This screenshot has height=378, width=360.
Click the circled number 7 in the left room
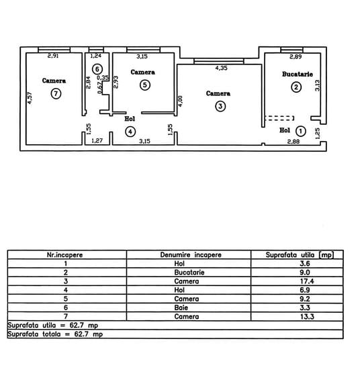pyautogui.click(x=56, y=93)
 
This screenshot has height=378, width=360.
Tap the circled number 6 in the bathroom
pyautogui.click(x=97, y=69)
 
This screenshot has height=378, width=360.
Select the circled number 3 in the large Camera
pyautogui.click(x=220, y=106)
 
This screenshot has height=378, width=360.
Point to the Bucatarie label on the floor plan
pyautogui.click(x=298, y=75)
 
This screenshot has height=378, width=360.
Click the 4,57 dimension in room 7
pyautogui.click(x=30, y=98)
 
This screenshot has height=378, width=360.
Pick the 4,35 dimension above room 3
pyautogui.click(x=222, y=68)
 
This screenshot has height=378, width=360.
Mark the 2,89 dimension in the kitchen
pyautogui.click(x=296, y=57)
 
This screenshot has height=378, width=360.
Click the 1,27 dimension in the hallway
pyautogui.click(x=97, y=140)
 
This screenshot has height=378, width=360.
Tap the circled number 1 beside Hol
pyautogui.click(x=301, y=131)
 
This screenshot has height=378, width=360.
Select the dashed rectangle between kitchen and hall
pyautogui.click(x=279, y=118)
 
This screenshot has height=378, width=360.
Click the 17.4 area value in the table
pyautogui.click(x=307, y=281)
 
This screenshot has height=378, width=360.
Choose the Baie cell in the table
pyautogui.click(x=181, y=308)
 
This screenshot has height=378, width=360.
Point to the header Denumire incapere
pyautogui.click(x=191, y=255)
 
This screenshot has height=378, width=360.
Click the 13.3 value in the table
pyautogui.click(x=307, y=316)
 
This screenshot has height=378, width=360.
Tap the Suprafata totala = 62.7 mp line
pyautogui.click(x=55, y=334)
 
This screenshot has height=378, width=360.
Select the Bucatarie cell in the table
pyautogui.click(x=189, y=273)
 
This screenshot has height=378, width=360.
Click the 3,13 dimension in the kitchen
pyautogui.click(x=318, y=85)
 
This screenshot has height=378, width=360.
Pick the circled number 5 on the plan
pyautogui.click(x=145, y=85)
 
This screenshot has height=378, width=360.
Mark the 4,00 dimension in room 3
pyautogui.click(x=181, y=101)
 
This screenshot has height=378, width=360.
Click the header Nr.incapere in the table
pyautogui.click(x=64, y=255)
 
